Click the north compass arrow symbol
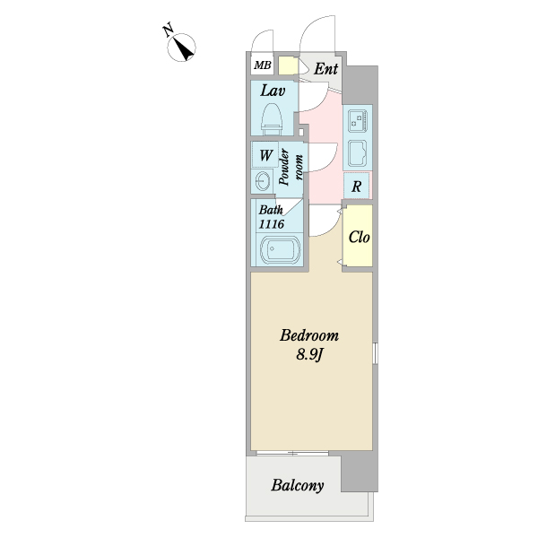coord(181,48)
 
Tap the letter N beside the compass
coord(168,30)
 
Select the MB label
coord(263,65)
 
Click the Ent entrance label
coord(326,69)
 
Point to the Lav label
coord(273,91)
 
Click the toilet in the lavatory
coord(272,119)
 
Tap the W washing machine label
coord(266,155)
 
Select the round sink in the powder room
coord(262,180)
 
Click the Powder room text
coord(291,167)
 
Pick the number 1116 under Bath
coord(272,224)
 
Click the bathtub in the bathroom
coord(281,249)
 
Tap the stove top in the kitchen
coord(358,121)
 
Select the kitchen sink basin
coord(358,152)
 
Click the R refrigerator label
coord(357,187)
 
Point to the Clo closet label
coord(359,237)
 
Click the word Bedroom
coord(309,335)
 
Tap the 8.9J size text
coord(309,355)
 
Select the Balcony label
coord(298,485)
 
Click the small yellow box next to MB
coord(288,65)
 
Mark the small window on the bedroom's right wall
coord(375,352)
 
